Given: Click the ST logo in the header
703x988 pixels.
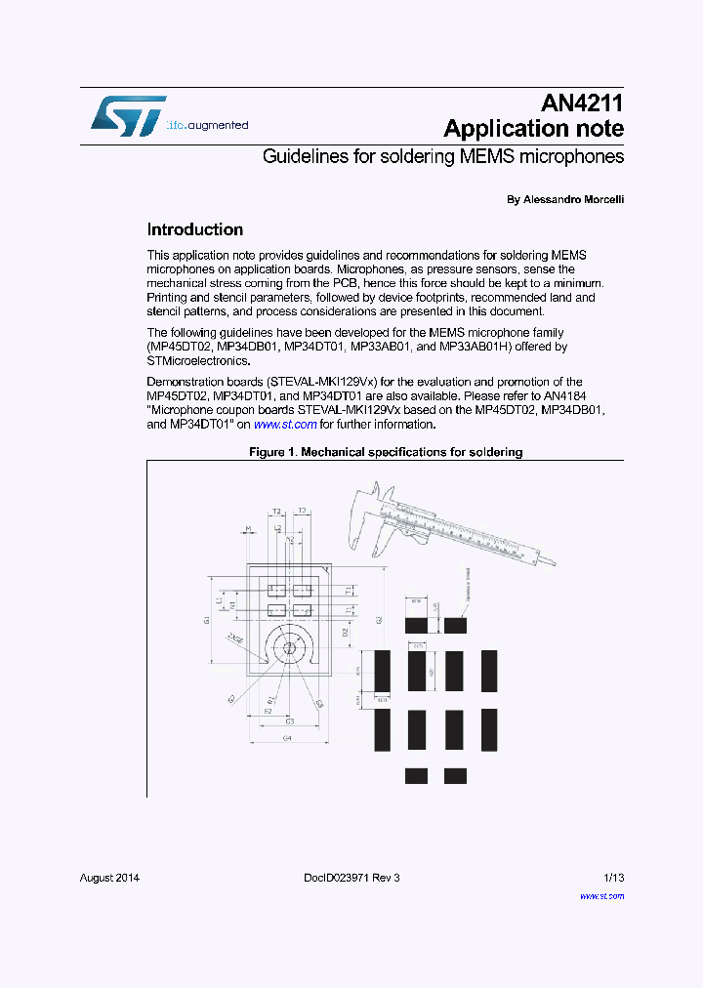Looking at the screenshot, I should [x=129, y=115].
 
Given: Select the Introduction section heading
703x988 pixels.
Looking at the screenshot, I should [x=194, y=230].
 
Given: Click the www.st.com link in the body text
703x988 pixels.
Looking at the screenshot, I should [x=285, y=425].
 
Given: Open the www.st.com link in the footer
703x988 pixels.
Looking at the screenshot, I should [x=601, y=895].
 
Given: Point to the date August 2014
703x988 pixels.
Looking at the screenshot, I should [x=109, y=878].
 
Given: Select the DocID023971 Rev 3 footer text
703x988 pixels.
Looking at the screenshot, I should [x=345, y=878].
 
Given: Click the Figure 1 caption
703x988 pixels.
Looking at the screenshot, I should [x=386, y=452].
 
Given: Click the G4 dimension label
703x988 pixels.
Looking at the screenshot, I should [x=287, y=738].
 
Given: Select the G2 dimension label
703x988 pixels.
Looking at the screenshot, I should [x=379, y=620].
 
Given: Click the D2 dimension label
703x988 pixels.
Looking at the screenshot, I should [x=346, y=632].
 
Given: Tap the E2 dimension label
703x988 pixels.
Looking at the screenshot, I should [x=268, y=712].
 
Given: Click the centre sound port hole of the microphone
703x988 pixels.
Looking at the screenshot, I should [x=289, y=648].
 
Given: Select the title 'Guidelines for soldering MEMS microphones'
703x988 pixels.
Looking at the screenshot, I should [x=443, y=156].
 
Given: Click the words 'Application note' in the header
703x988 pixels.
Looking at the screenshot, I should [x=533, y=129].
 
